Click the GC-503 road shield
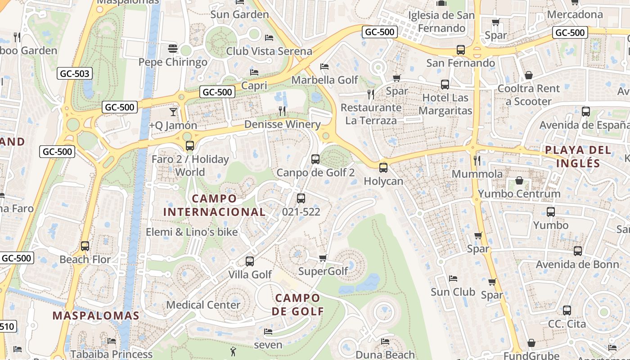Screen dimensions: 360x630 [x=75, y=73]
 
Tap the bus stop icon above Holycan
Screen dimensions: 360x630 [x=383, y=168]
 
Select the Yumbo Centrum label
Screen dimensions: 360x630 [x=519, y=194]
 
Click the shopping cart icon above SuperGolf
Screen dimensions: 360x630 [x=323, y=258]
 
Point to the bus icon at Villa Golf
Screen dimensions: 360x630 [x=249, y=261]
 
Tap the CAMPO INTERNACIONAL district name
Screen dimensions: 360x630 [x=214, y=205]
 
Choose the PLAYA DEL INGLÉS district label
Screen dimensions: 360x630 [x=578, y=156]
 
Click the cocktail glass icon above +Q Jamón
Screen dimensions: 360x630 [x=173, y=112]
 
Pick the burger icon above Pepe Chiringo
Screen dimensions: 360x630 [x=173, y=48]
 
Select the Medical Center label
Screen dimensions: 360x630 [x=203, y=305]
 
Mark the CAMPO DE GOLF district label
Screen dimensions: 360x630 [x=298, y=304]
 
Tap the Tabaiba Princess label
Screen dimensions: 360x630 [x=111, y=354]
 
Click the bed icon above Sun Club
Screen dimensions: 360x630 [x=453, y=279]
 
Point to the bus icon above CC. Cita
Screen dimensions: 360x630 [x=567, y=310]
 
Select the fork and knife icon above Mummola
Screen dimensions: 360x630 [x=477, y=160]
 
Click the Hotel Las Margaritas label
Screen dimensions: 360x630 [x=445, y=104]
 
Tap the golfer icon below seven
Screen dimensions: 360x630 [x=233, y=351]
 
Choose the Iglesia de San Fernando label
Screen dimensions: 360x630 [x=441, y=22]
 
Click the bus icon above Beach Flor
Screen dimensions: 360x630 [x=85, y=246]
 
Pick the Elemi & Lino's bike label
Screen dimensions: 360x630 [x=192, y=232]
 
